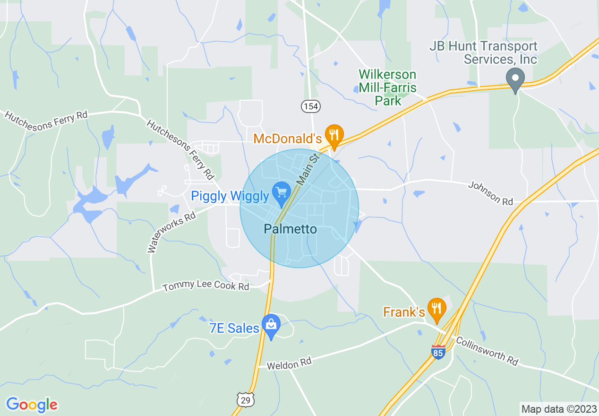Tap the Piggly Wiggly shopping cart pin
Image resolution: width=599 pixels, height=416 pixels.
pyautogui.click(x=282, y=193)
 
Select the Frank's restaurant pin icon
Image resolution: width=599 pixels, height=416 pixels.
pyautogui.click(x=436, y=308)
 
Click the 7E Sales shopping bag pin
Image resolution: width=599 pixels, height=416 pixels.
pyautogui.click(x=271, y=325)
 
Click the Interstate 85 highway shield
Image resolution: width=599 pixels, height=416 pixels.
pyautogui.click(x=438, y=352)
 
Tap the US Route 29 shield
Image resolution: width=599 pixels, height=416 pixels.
pyautogui.click(x=246, y=399)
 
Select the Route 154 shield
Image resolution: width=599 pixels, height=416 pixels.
pyautogui.click(x=310, y=106)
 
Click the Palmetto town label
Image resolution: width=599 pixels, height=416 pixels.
pyautogui.click(x=290, y=229)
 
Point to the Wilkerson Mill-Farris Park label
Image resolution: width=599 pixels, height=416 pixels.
pyautogui.click(x=388, y=87)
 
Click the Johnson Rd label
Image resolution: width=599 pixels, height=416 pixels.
pyautogui.click(x=490, y=194)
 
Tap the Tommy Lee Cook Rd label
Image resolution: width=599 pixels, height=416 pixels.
pyautogui.click(x=205, y=286)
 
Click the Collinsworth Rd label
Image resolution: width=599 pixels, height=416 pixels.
pyautogui.click(x=487, y=351)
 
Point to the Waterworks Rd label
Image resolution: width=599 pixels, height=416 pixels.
pyautogui.click(x=171, y=232)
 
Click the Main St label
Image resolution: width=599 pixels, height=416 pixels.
pyautogui.click(x=308, y=168)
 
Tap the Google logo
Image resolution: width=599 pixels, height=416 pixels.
pyautogui.click(x=32, y=405)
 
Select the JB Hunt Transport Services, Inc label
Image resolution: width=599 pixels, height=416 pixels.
pyautogui.click(x=483, y=53)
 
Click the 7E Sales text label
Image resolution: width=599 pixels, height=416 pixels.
pyautogui.click(x=234, y=328)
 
